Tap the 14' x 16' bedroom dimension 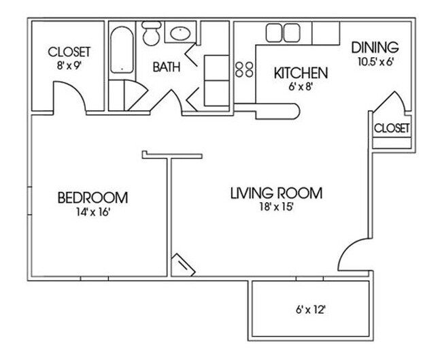pyautogui.click(x=93, y=212)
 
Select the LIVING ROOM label pyautogui.click(x=275, y=193)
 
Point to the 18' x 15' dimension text pyautogui.click(x=275, y=207)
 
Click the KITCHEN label pyautogui.click(x=301, y=73)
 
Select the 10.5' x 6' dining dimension pyautogui.click(x=375, y=61)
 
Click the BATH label pyautogui.click(x=165, y=67)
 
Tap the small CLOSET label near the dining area pyautogui.click(x=392, y=128)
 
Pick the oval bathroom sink pyautogui.click(x=180, y=33)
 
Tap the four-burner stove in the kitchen pyautogui.click(x=244, y=67)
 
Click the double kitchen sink pyautogui.click(x=283, y=33)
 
